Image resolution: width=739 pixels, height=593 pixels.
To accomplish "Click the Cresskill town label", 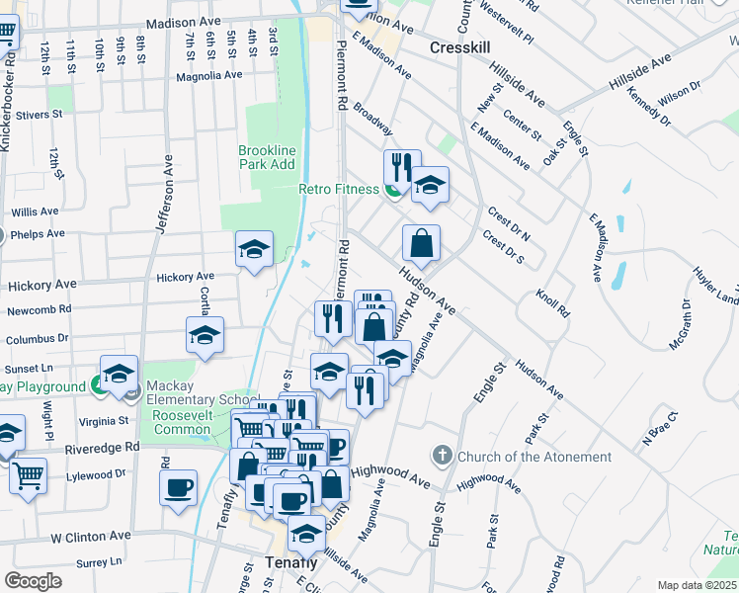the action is pyautogui.click(x=461, y=47).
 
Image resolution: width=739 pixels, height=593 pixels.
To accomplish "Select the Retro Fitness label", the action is pyautogui.click(x=339, y=190).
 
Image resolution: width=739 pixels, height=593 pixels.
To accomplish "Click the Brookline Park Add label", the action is pyautogui.click(x=267, y=157).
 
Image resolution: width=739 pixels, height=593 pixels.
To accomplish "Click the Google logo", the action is pyautogui.click(x=33, y=581).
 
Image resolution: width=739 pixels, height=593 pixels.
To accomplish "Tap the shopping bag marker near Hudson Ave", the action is pyautogui.click(x=421, y=243).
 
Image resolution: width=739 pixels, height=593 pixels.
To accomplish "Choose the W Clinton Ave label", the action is pyautogui.click(x=91, y=536).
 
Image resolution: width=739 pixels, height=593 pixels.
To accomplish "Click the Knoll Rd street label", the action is pyautogui.click(x=553, y=302).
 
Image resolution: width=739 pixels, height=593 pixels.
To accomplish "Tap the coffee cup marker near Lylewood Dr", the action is pyautogui.click(x=178, y=487).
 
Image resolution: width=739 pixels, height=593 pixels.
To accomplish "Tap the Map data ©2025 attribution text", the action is pyautogui.click(x=698, y=585).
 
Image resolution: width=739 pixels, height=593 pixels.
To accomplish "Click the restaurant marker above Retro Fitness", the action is pyautogui.click(x=402, y=166).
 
